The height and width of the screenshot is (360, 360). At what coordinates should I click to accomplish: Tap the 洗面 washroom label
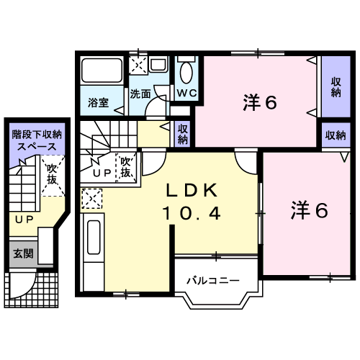[140, 94]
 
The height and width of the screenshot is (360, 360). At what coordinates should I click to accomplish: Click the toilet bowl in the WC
[186, 74]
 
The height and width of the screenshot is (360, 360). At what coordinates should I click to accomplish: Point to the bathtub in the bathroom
[102, 71]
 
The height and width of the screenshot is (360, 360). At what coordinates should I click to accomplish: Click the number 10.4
[191, 214]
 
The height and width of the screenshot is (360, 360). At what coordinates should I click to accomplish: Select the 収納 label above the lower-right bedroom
[334, 135]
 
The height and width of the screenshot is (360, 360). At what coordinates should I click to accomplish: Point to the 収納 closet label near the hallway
[182, 133]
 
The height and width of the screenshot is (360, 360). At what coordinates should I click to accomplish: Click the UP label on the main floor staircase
[101, 173]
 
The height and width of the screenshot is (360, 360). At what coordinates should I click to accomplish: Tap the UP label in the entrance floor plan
[24, 218]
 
